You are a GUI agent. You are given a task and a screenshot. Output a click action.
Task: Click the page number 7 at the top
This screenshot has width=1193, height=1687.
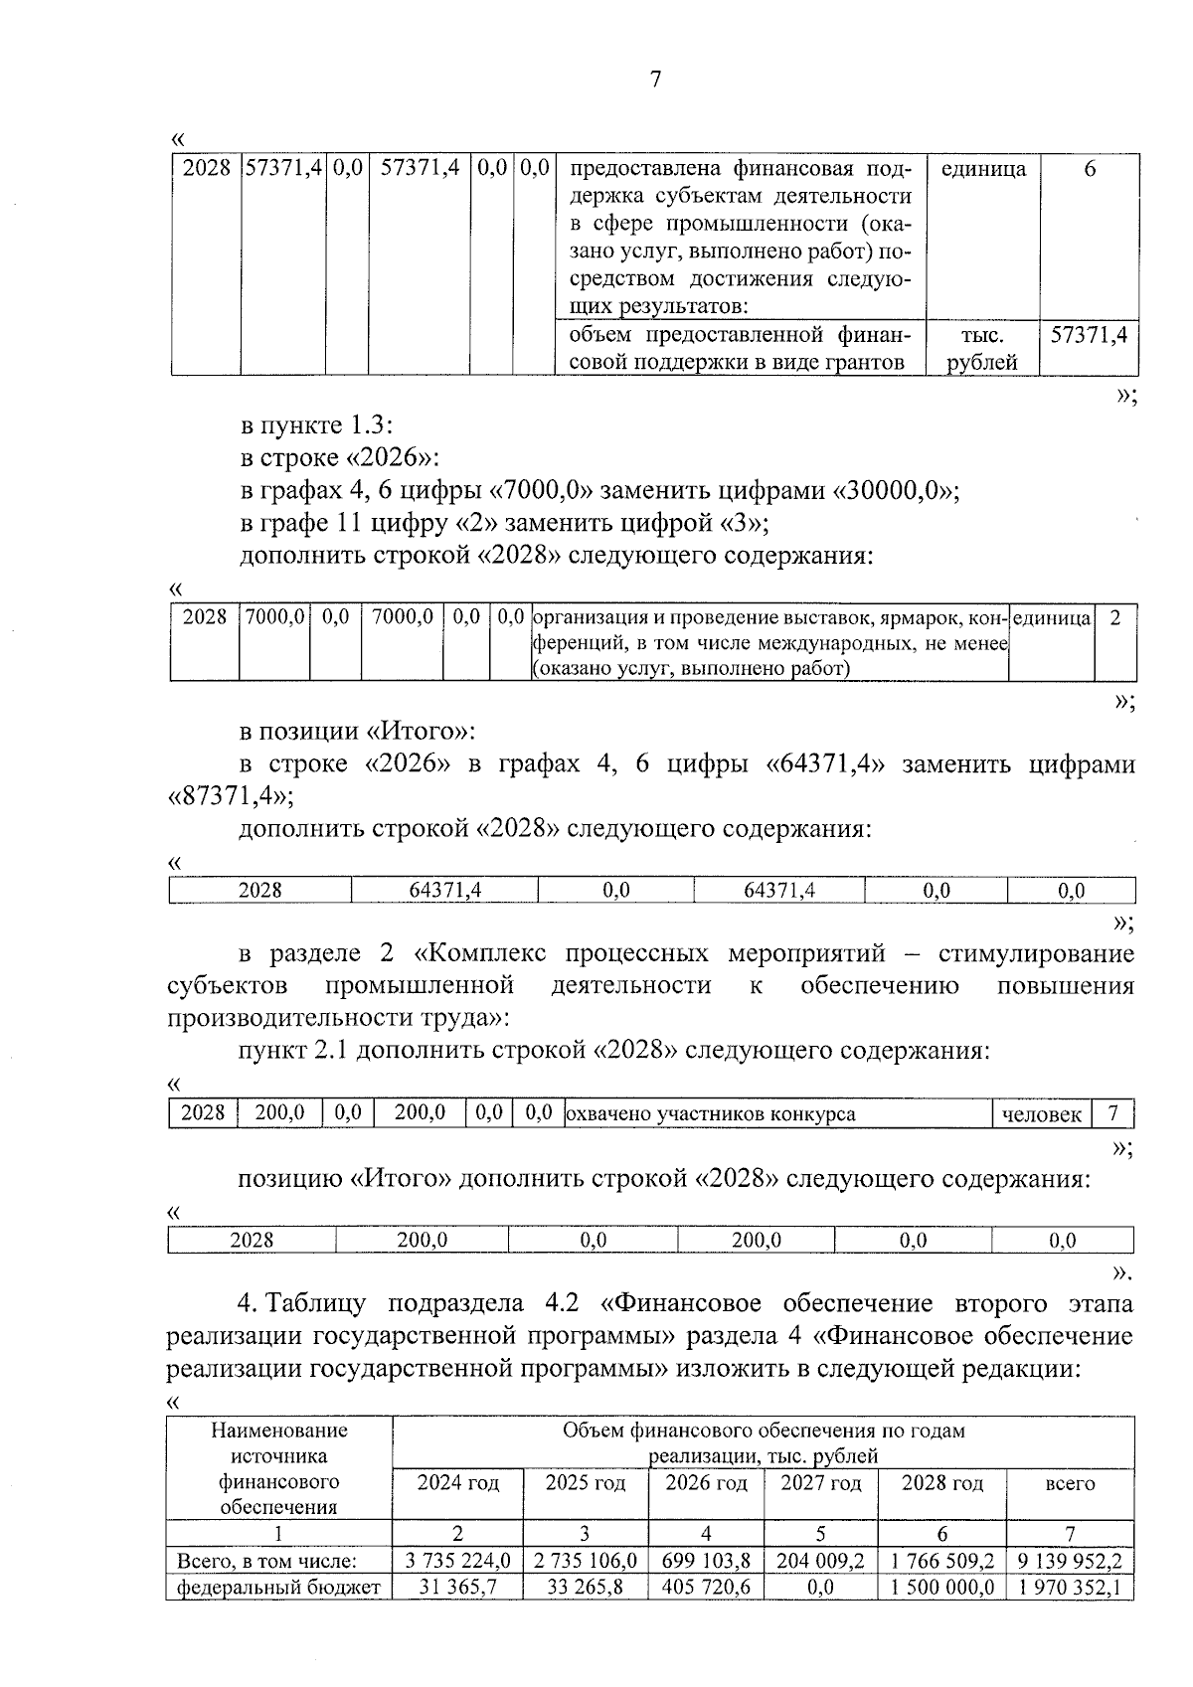[x=654, y=81]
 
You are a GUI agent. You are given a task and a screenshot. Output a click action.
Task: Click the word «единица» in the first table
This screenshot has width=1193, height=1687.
[x=982, y=169]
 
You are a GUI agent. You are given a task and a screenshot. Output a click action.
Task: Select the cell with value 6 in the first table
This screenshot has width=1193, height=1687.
[x=1090, y=169]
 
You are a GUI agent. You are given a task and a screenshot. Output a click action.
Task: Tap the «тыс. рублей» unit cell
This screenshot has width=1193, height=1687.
[x=982, y=349]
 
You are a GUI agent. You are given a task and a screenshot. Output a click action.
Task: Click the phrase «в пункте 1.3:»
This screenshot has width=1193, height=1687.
[x=317, y=425]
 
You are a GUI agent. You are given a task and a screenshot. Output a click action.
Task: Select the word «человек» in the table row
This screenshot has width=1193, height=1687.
[x=1041, y=1114]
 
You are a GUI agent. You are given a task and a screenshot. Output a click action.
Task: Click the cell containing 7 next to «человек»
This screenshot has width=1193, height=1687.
[x=1113, y=1113]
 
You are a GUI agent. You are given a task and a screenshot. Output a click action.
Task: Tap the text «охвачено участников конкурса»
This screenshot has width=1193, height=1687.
[x=711, y=1114]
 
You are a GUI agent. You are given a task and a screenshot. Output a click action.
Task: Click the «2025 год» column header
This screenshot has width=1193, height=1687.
[x=586, y=1483]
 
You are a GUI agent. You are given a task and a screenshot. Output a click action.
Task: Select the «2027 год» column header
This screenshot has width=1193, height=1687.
[x=820, y=1483]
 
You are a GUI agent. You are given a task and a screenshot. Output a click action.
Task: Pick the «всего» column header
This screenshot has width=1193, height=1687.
[x=1070, y=1483]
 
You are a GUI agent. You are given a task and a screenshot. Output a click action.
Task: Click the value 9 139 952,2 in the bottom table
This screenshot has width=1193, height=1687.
[x=1070, y=1562]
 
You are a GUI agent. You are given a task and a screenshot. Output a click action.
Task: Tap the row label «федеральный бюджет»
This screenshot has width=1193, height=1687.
[x=279, y=1588]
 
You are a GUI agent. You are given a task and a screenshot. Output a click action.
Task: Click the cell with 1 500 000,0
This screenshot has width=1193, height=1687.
[x=941, y=1588]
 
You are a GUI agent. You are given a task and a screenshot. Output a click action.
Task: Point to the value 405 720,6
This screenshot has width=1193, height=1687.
[x=706, y=1588]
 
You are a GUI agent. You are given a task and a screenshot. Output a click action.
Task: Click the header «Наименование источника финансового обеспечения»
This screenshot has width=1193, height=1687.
[x=279, y=1468]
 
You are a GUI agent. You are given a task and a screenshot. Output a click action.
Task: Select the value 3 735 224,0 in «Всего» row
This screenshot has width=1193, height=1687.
[x=457, y=1562]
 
